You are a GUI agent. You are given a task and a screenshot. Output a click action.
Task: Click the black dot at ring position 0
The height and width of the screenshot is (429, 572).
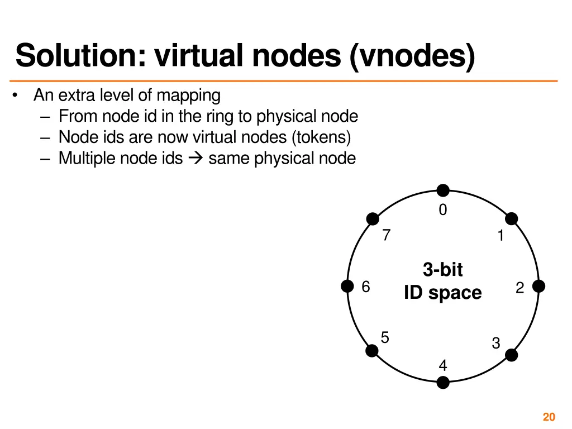click(x=443, y=191)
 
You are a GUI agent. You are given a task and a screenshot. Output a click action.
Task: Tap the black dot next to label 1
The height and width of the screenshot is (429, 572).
click(x=511, y=219)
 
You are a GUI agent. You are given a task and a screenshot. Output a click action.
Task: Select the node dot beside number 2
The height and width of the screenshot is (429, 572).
click(x=538, y=287)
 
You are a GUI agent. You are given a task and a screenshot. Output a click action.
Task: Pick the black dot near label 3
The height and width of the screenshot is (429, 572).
click(x=511, y=355)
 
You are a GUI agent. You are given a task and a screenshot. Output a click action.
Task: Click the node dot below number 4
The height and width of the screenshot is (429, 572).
click(x=443, y=383)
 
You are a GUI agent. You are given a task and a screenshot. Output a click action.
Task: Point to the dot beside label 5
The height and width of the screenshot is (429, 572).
click(x=371, y=351)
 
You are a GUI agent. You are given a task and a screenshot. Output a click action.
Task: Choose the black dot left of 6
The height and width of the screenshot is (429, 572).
click(x=348, y=287)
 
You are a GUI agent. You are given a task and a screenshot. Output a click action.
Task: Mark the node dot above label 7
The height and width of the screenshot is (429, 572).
click(x=372, y=220)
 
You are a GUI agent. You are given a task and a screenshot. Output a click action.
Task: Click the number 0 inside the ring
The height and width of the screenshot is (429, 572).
click(x=443, y=210)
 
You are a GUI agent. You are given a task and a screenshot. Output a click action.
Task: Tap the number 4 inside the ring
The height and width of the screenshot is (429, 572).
click(x=443, y=366)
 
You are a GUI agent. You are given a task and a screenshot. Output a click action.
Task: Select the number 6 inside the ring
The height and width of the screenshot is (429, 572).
click(x=366, y=287)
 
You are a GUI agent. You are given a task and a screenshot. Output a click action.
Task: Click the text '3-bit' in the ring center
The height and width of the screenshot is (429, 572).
click(x=443, y=270)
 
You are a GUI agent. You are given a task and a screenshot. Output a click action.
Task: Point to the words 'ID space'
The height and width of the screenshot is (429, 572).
click(x=443, y=293)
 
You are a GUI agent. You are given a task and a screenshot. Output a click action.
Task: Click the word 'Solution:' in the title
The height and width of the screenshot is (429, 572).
click(x=82, y=56)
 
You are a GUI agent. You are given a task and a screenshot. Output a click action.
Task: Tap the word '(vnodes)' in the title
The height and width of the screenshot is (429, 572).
click(x=413, y=56)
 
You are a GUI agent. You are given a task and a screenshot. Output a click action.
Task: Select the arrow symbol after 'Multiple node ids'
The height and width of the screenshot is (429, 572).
click(x=196, y=159)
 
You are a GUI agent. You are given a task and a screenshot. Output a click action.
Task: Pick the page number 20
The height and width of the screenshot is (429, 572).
click(x=549, y=417)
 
